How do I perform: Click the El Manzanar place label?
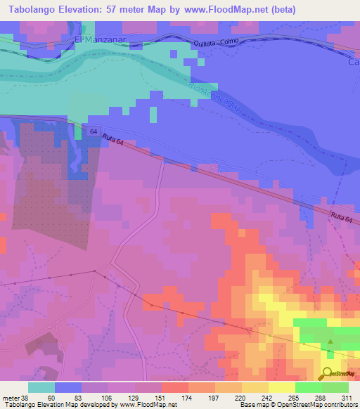99,41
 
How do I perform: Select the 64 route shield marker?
94,131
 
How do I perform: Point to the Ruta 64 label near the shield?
112,140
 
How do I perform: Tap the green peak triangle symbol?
330,344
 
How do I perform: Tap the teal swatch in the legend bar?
41,387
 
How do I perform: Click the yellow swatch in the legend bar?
281,387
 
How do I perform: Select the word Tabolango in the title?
34,9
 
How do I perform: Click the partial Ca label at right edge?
354,62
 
